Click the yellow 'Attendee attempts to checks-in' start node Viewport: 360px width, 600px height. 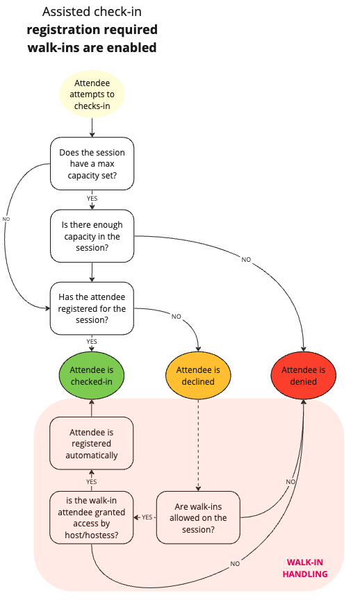click(92, 94)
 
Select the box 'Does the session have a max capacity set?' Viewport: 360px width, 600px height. click(92, 164)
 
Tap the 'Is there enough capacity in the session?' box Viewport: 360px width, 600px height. click(92, 237)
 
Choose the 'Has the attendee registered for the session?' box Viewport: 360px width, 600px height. click(92, 308)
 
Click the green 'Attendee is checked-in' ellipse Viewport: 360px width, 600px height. click(92, 376)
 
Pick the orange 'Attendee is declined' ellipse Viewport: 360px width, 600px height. click(198, 376)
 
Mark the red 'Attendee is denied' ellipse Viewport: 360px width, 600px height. click(303, 376)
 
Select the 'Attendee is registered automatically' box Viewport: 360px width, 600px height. click(92, 444)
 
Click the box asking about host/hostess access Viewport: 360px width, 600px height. click(92, 517)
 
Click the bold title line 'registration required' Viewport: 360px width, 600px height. click(92, 30)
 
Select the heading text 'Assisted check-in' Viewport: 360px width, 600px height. click(92, 12)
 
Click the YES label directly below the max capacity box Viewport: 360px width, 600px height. click(92, 199)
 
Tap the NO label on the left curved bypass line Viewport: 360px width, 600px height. click(6, 219)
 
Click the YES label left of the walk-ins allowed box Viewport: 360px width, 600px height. click(147, 517)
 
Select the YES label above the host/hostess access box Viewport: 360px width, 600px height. click(92, 481)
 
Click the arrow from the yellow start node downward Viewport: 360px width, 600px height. click(92, 126)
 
